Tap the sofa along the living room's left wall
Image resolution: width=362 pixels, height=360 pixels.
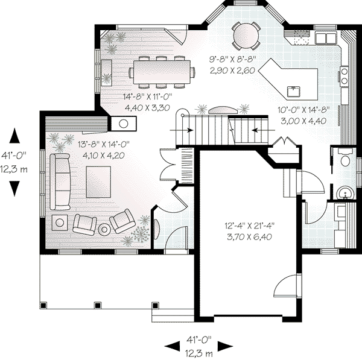click(60, 179)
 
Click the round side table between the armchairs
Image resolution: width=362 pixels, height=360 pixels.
click(104, 229)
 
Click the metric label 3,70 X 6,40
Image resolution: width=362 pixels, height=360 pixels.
click(247, 237)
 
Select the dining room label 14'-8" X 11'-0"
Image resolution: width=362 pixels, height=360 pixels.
click(148, 96)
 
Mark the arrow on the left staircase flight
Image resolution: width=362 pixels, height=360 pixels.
click(181, 129)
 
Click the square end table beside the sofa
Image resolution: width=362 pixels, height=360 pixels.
click(61, 222)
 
